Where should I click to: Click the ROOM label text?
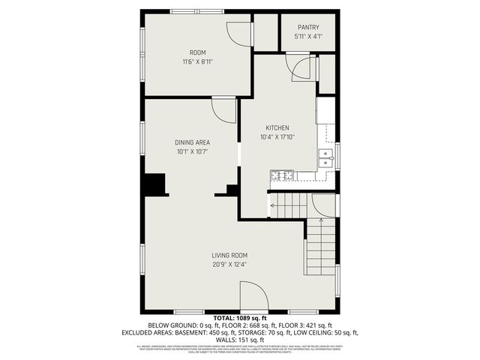click(198, 52)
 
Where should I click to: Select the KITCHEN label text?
click(277, 127)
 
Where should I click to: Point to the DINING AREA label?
click(192, 142)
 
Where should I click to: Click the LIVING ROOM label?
click(229, 254)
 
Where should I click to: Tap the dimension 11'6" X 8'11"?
click(198, 61)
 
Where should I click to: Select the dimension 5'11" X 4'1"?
click(308, 36)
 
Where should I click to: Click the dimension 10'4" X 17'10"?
click(277, 137)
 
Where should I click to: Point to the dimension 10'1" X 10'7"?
click(192, 151)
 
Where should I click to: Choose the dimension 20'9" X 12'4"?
click(229, 264)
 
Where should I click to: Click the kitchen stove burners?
click(283, 175)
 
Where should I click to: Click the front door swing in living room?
click(253, 295)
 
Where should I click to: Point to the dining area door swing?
click(224, 109)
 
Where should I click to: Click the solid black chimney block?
click(154, 184)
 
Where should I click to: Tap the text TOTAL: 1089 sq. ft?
click(239, 318)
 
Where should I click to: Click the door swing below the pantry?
click(301, 67)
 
